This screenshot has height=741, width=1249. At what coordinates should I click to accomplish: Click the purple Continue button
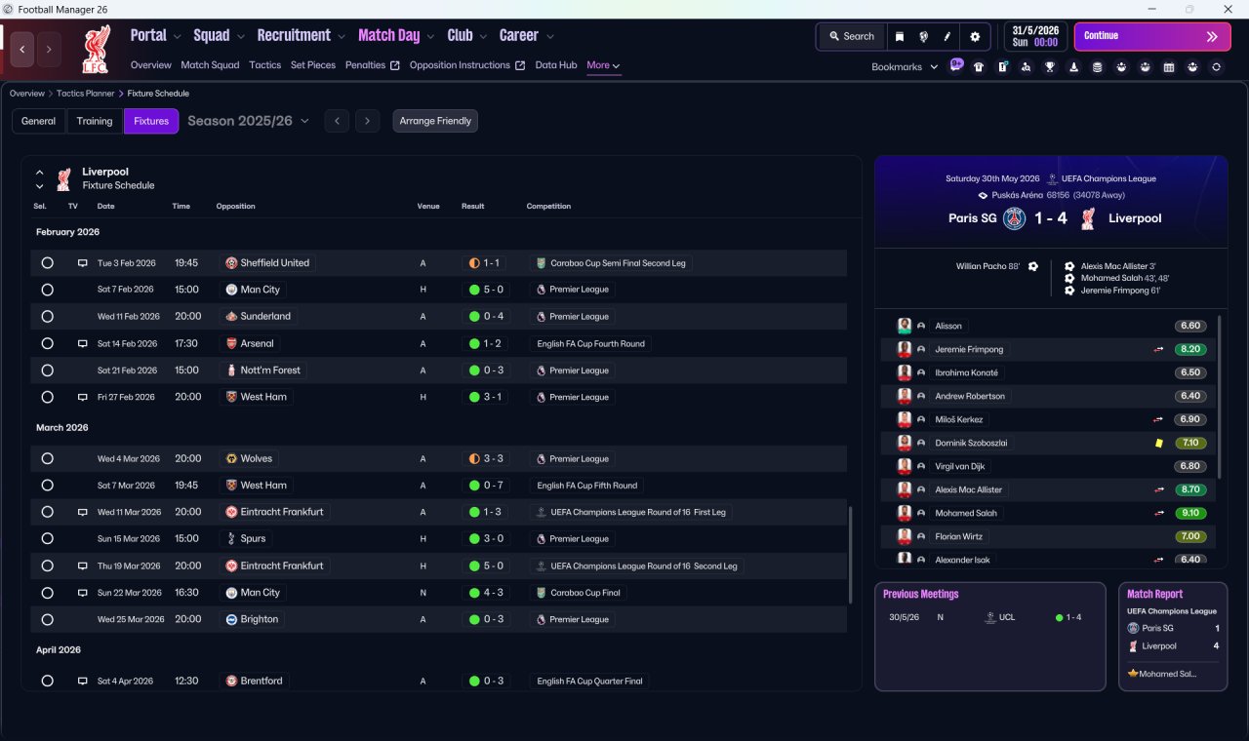(1152, 36)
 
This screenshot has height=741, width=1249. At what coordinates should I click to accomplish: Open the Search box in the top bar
(852, 36)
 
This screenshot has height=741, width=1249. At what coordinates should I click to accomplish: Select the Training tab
(95, 121)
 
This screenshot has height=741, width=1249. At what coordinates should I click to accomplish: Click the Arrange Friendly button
(435, 121)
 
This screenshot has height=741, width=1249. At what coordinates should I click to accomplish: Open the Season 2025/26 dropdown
(248, 121)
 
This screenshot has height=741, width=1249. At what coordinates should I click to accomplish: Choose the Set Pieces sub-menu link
(313, 65)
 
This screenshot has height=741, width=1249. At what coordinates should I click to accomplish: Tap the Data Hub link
(556, 65)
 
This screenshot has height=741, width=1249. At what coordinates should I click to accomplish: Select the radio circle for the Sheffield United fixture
(48, 263)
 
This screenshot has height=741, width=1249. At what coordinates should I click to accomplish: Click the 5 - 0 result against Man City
(486, 290)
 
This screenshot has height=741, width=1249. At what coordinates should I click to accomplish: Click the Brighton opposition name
(260, 619)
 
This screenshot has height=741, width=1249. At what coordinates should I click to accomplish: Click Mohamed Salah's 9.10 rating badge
(1189, 513)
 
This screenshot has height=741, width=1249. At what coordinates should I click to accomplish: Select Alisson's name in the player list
(947, 326)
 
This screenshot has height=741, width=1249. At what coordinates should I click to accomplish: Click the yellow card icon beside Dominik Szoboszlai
(1158, 443)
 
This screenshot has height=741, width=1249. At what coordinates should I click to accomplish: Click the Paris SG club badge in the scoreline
(1014, 218)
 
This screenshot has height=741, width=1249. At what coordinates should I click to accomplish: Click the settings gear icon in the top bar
(975, 37)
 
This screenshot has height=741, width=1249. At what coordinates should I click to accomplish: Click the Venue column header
(428, 206)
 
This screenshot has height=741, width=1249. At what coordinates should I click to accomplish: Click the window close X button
(1228, 9)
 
